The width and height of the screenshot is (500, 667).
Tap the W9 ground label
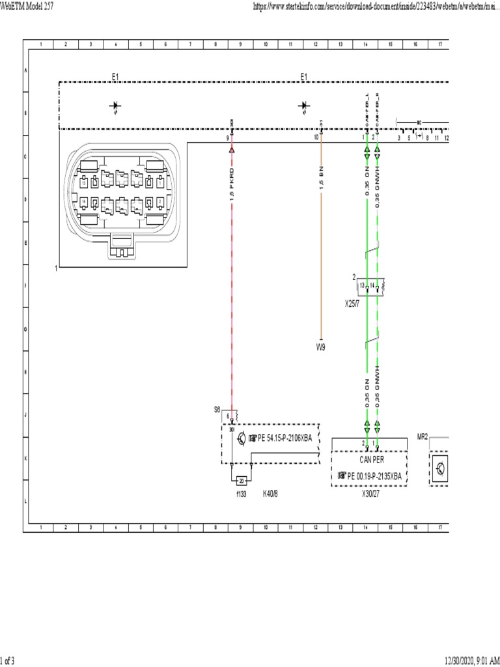point(320,347)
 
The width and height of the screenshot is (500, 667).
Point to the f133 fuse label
point(242,494)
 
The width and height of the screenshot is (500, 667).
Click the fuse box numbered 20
point(242,481)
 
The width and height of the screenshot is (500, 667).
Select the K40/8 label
point(270,494)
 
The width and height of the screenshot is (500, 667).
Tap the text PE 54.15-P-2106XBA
point(285,438)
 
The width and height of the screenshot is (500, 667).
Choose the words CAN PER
point(370,459)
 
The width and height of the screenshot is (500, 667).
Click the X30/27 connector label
point(370,494)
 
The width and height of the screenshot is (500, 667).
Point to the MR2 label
point(422,436)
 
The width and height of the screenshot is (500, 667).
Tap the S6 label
point(217,410)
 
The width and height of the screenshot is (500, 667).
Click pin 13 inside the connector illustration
point(85,182)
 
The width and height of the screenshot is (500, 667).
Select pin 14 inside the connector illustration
point(85,202)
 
